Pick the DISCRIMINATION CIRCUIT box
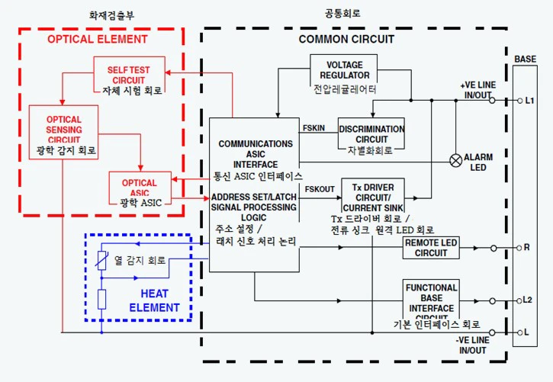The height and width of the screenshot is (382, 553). click(371, 134)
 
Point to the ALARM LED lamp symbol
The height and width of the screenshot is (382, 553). click(455, 160)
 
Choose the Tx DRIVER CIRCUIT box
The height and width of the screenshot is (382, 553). click(372, 197)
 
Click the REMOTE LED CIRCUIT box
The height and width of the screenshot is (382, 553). click(431, 248)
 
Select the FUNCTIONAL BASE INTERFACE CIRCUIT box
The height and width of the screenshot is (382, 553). click(431, 298)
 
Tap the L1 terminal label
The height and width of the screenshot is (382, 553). click(530, 100)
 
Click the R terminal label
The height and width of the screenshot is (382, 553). click(527, 248)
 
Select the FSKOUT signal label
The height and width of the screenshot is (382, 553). click(320, 188)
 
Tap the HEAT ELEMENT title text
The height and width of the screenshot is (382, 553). click(160, 300)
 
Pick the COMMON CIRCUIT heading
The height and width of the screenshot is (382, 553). click(346, 39)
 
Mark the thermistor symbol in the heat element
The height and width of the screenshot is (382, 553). click(101, 261)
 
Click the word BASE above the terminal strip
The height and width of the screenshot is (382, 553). click(525, 59)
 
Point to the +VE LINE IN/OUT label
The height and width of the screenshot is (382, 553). click(477, 90)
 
